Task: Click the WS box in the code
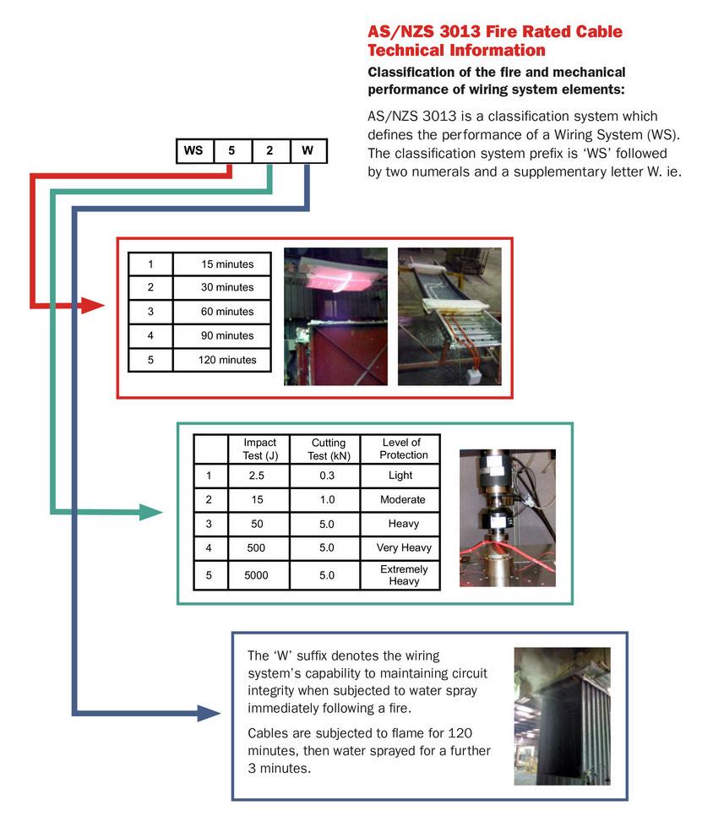click(x=193, y=151)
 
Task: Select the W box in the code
click(x=308, y=151)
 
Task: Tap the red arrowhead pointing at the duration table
click(x=93, y=305)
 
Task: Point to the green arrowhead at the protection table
click(x=151, y=512)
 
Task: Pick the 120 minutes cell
click(x=227, y=360)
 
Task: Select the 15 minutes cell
click(x=227, y=264)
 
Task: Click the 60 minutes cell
click(x=227, y=312)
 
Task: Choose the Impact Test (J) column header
click(x=259, y=449)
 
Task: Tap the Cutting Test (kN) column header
click(x=328, y=449)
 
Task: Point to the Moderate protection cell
click(x=402, y=499)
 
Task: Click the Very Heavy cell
click(x=403, y=547)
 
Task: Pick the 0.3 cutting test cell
click(x=327, y=476)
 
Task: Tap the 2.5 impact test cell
click(x=257, y=476)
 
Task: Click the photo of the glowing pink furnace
click(x=335, y=316)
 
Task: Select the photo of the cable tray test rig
click(x=448, y=316)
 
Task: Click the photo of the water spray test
click(x=561, y=715)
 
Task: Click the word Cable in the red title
click(x=593, y=32)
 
